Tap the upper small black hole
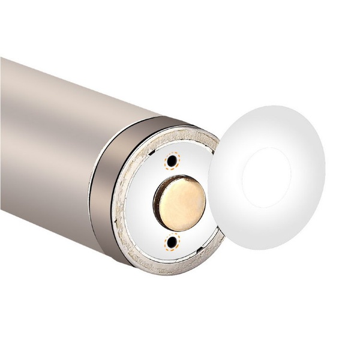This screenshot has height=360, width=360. (173, 161)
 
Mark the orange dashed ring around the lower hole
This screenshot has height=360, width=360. (174, 235)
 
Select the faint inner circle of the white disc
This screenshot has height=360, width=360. (266, 178)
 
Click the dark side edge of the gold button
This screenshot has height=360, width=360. (157, 204)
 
